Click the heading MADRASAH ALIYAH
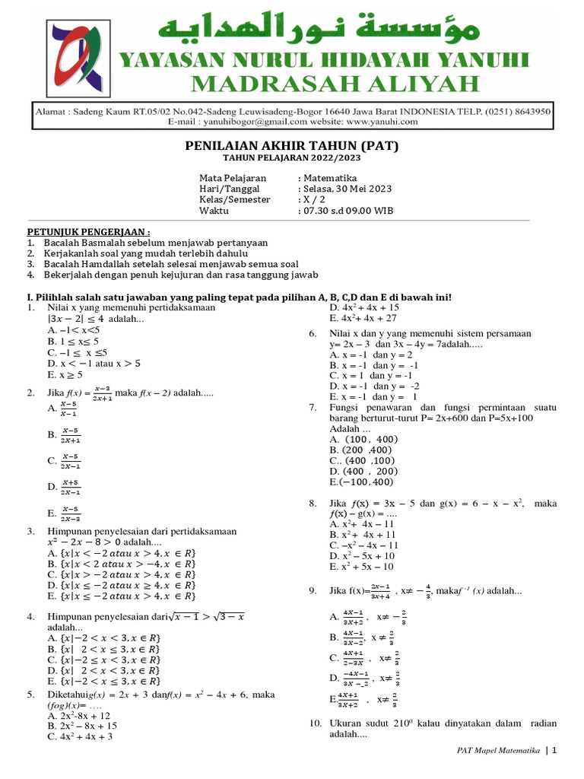pos(335,83)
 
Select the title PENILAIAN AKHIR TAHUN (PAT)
pos(292,146)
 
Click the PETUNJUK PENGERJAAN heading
pos(88,231)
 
